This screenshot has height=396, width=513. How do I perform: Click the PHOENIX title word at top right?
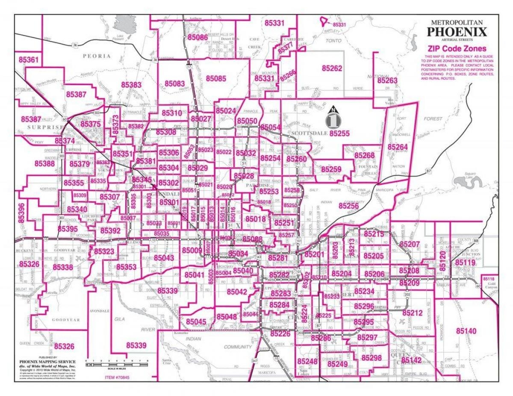457,32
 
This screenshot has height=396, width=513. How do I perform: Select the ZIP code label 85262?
332,68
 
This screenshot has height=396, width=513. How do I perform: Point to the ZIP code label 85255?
340,133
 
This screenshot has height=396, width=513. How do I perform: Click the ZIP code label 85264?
398,147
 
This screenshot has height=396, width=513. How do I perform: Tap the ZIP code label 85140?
466,331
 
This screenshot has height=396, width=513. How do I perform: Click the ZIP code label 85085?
216,78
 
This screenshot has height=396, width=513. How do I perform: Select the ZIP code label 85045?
196,321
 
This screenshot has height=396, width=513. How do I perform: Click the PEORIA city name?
97,56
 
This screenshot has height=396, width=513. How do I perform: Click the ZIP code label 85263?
387,80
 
